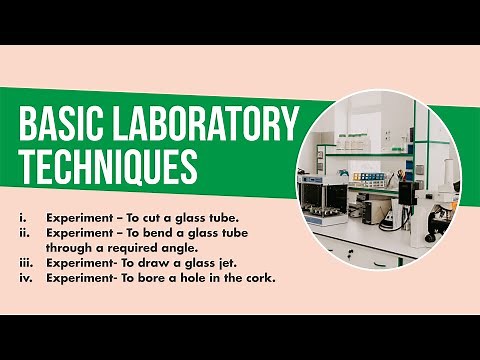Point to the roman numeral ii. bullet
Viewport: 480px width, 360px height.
(x=23, y=232)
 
